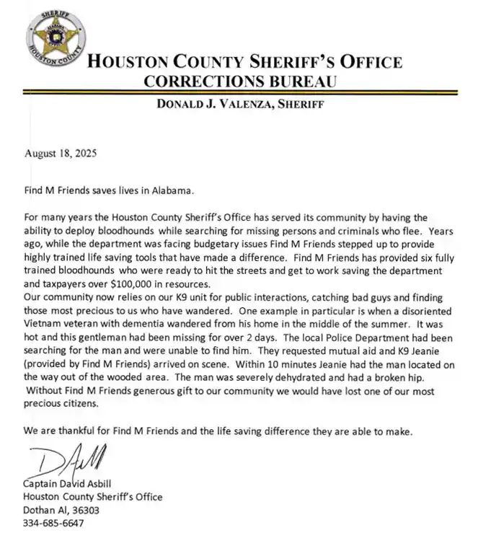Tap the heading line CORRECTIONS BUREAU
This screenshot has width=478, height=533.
click(x=241, y=81)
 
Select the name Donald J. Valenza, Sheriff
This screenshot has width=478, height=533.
click(x=240, y=105)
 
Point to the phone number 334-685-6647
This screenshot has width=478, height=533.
click(x=54, y=523)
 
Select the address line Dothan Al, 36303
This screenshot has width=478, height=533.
click(x=61, y=510)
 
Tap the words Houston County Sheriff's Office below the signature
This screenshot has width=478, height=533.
click(x=93, y=497)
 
